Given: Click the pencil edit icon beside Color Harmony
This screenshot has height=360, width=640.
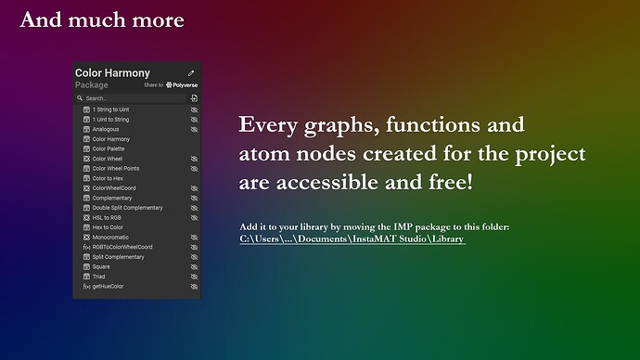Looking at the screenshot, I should pyautogui.click(x=191, y=72).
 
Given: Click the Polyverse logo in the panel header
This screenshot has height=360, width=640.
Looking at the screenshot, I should pyautogui.click(x=182, y=85).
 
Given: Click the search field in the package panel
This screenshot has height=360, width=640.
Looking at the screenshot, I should pyautogui.click(x=130, y=97).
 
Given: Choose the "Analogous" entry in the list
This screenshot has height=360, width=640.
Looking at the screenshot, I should pyautogui.click(x=106, y=129).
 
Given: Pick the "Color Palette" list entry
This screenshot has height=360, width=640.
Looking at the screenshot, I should pyautogui.click(x=109, y=148).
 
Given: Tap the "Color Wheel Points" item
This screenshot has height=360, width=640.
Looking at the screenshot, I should pyautogui.click(x=116, y=169).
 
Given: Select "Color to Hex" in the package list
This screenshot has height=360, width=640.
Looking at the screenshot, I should pyautogui.click(x=108, y=178).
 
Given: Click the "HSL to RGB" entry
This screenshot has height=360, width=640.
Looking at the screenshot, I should pyautogui.click(x=107, y=217).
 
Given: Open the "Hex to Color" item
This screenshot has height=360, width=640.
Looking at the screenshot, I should pyautogui.click(x=108, y=227).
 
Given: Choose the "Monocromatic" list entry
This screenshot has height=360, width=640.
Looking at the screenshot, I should pyautogui.click(x=109, y=238).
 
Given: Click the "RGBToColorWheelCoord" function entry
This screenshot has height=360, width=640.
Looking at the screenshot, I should pyautogui.click(x=122, y=247).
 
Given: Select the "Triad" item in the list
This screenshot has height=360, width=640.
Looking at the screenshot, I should pyautogui.click(x=100, y=276).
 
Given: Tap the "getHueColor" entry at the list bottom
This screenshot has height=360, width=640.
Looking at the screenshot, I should pyautogui.click(x=108, y=286).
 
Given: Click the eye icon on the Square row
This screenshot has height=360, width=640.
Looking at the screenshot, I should pyautogui.click(x=195, y=266).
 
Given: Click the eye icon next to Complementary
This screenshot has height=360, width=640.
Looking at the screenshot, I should pyautogui.click(x=195, y=198).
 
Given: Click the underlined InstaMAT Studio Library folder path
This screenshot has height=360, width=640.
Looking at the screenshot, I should pyautogui.click(x=352, y=239).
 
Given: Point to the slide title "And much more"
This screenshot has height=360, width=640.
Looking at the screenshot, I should pyautogui.click(x=102, y=19).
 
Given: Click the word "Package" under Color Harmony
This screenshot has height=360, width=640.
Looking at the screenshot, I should pyautogui.click(x=92, y=85).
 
